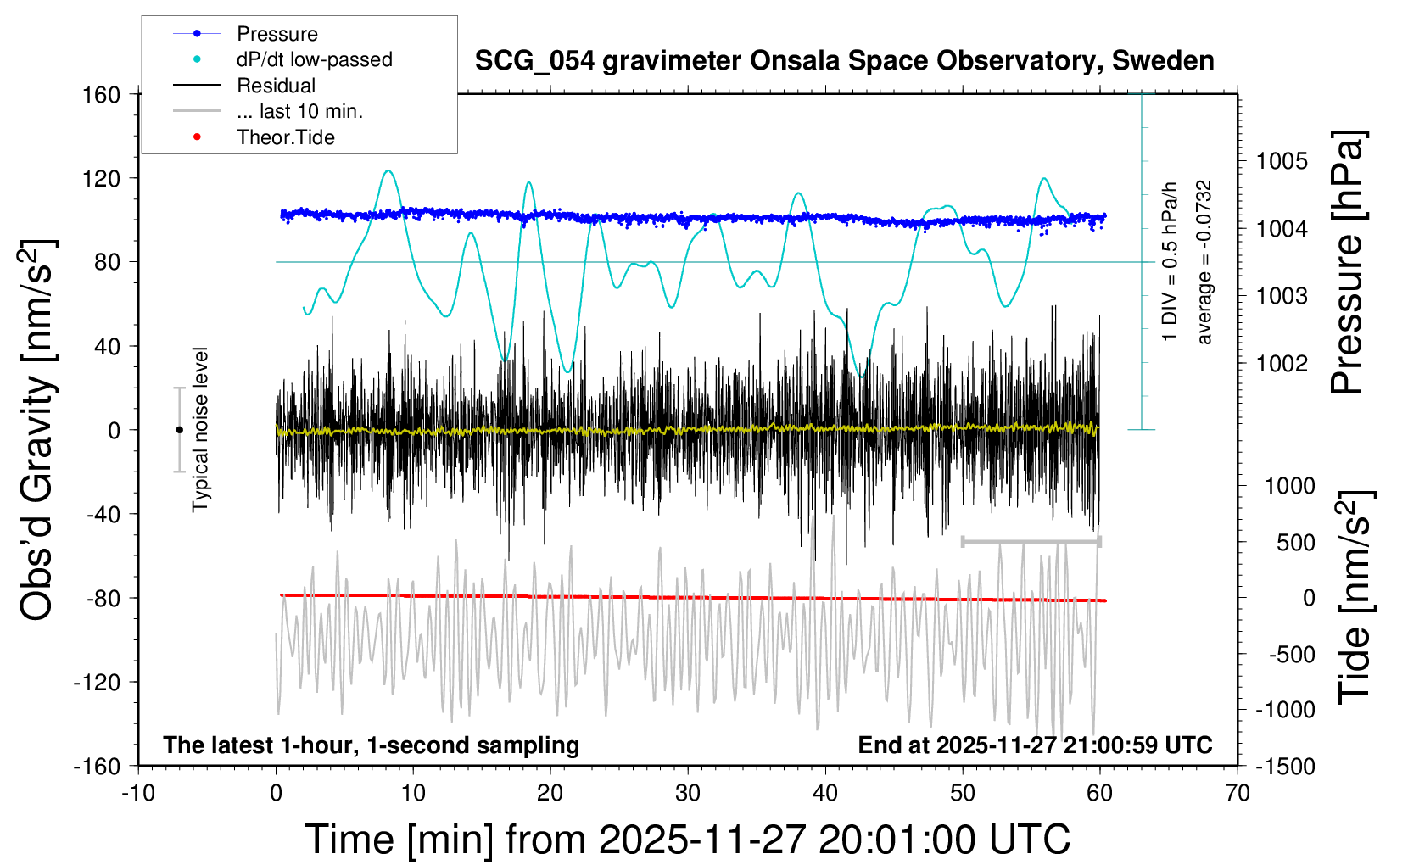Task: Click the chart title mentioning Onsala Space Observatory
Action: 844,61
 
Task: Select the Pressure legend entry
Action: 277,34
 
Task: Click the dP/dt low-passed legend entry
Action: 314,59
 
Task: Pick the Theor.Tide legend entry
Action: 285,137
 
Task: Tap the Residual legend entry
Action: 276,86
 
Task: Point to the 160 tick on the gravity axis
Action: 102,94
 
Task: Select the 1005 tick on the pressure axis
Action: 1282,161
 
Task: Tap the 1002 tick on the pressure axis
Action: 1282,363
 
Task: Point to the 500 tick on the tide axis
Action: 1295,543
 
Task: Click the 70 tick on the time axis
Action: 1238,794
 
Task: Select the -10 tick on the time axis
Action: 138,794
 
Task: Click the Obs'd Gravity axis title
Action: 38,430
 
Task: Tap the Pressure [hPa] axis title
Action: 1347,263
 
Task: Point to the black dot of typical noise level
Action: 179,430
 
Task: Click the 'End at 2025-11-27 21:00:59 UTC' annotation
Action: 1035,745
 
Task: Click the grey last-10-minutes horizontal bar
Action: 1031,541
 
